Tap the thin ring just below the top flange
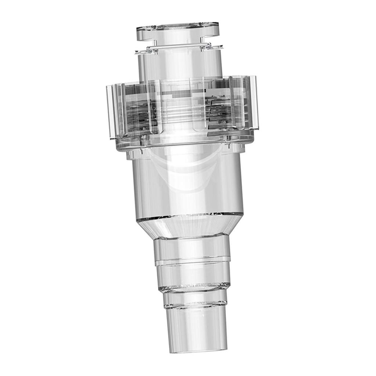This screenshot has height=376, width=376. [179, 47]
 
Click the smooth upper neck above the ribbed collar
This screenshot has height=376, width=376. [180, 66]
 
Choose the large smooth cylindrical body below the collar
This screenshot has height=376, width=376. [187, 184]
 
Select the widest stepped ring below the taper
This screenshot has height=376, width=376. [192, 250]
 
